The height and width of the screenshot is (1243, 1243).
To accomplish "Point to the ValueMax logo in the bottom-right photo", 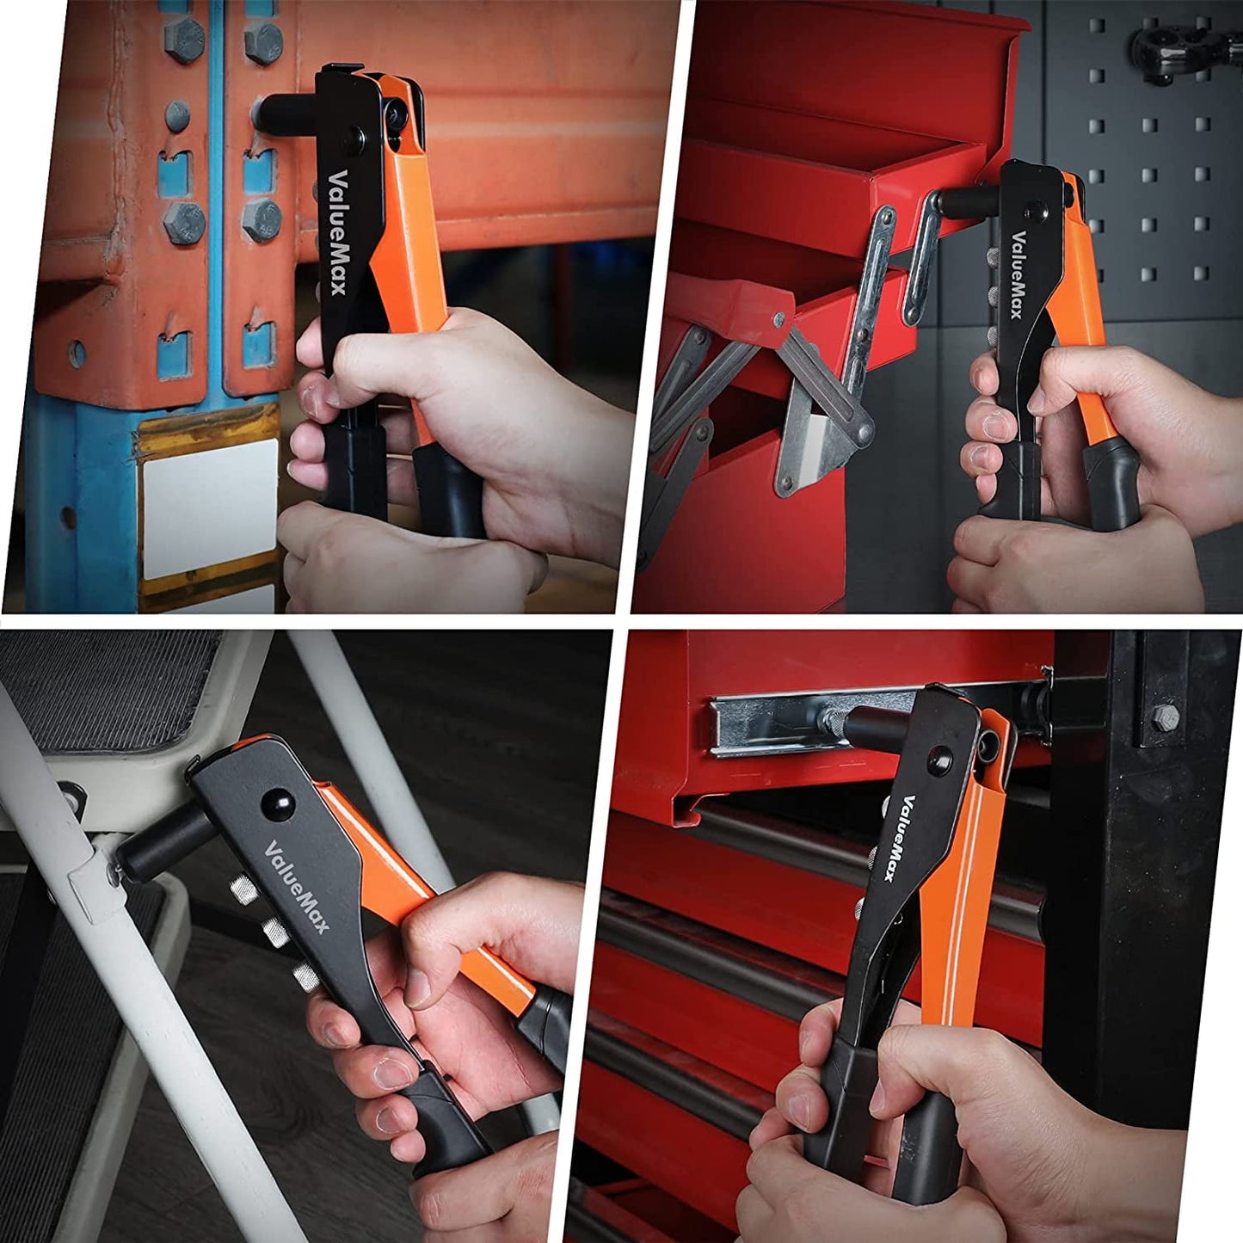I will pyautogui.click(x=900, y=838).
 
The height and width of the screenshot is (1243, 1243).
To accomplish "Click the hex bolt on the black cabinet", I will pyautogui.click(x=1165, y=717).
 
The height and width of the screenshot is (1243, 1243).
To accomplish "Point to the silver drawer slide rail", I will pyautogui.click(x=774, y=727).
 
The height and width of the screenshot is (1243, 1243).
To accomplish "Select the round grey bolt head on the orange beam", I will pyautogui.click(x=177, y=115).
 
